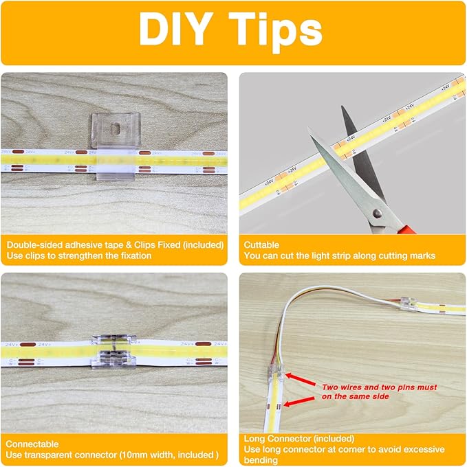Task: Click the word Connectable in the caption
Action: (x=33, y=444)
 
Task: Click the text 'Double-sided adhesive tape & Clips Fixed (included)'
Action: (x=115, y=244)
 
